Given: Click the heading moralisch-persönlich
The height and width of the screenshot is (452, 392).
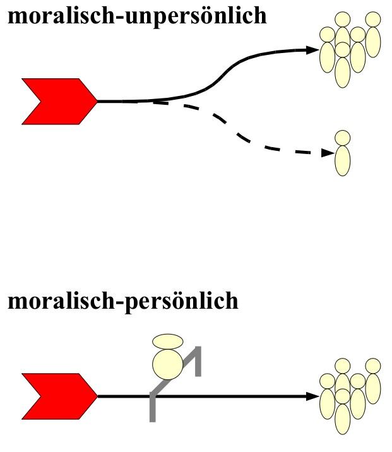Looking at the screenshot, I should [x=123, y=300].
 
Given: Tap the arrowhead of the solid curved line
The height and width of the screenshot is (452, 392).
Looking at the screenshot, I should [x=311, y=49].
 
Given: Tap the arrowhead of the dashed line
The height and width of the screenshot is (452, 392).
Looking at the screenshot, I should [x=327, y=152].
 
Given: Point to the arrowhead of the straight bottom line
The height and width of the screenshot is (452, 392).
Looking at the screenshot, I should [x=311, y=396].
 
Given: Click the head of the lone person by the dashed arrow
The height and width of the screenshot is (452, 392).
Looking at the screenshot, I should [x=342, y=137].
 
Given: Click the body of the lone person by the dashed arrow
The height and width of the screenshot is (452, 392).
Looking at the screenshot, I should [x=342, y=160].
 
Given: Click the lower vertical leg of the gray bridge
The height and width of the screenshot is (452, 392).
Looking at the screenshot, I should [x=153, y=407].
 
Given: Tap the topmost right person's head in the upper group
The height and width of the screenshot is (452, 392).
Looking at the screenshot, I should [x=373, y=20].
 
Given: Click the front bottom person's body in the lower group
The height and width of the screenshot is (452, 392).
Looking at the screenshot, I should [x=342, y=417].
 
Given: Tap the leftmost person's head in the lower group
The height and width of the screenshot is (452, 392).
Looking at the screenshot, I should [x=327, y=381].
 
